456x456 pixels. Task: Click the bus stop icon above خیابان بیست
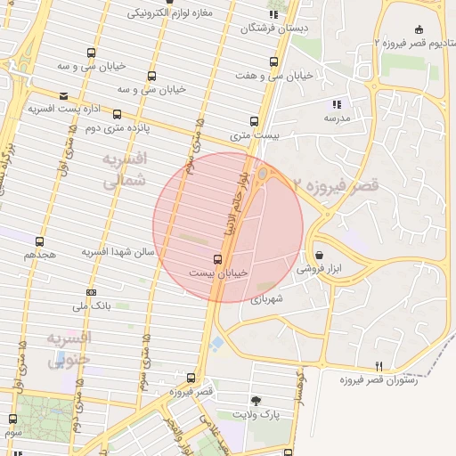[x=218, y=258]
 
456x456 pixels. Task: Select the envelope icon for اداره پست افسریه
[x=62, y=96]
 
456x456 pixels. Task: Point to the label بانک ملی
[x=91, y=306]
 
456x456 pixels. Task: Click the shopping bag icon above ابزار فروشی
[x=319, y=255]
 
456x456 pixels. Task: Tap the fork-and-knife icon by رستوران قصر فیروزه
[x=379, y=366]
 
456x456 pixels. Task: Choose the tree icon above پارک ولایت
[x=257, y=401]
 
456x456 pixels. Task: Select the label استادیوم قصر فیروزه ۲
[x=413, y=43]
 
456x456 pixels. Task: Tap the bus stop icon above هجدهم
[x=39, y=240]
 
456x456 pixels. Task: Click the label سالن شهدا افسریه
[x=119, y=253]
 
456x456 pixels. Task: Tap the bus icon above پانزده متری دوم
[x=117, y=114]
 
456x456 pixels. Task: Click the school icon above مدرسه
[x=336, y=104]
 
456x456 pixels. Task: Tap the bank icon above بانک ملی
[x=91, y=292]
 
